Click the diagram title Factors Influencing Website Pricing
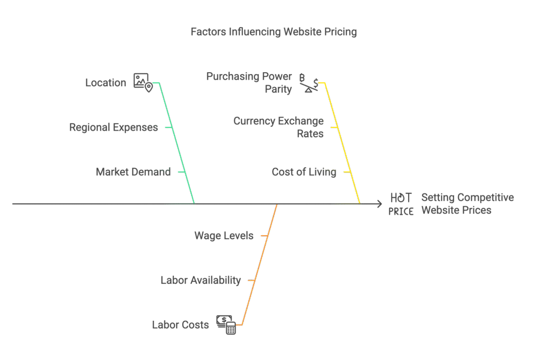coord(273,32)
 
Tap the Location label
coord(106,83)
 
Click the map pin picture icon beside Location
coord(142,81)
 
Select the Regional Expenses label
coord(113,127)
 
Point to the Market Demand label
coord(133,172)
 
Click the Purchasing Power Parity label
coord(249,83)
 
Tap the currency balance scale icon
coord(308,83)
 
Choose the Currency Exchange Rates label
coord(278,127)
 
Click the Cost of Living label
coord(304,172)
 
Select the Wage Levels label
coord(224,236)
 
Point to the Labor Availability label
coord(201,281)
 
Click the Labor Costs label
coord(180,325)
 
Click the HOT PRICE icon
coord(401,204)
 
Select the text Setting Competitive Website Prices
coord(467,204)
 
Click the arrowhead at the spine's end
coord(380,204)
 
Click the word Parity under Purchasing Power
coord(278,89)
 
